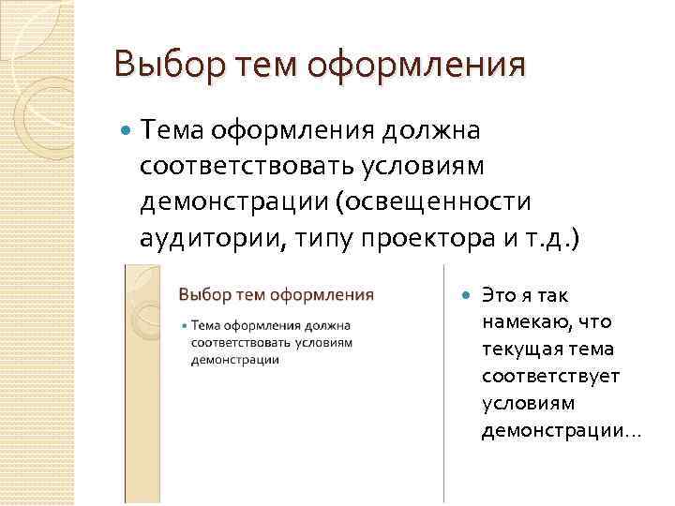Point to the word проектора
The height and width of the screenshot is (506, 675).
(x=412, y=239)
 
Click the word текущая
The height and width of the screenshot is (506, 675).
(x=521, y=350)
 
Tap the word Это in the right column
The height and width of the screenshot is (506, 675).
(x=497, y=295)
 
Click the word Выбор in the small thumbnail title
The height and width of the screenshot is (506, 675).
(x=200, y=295)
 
